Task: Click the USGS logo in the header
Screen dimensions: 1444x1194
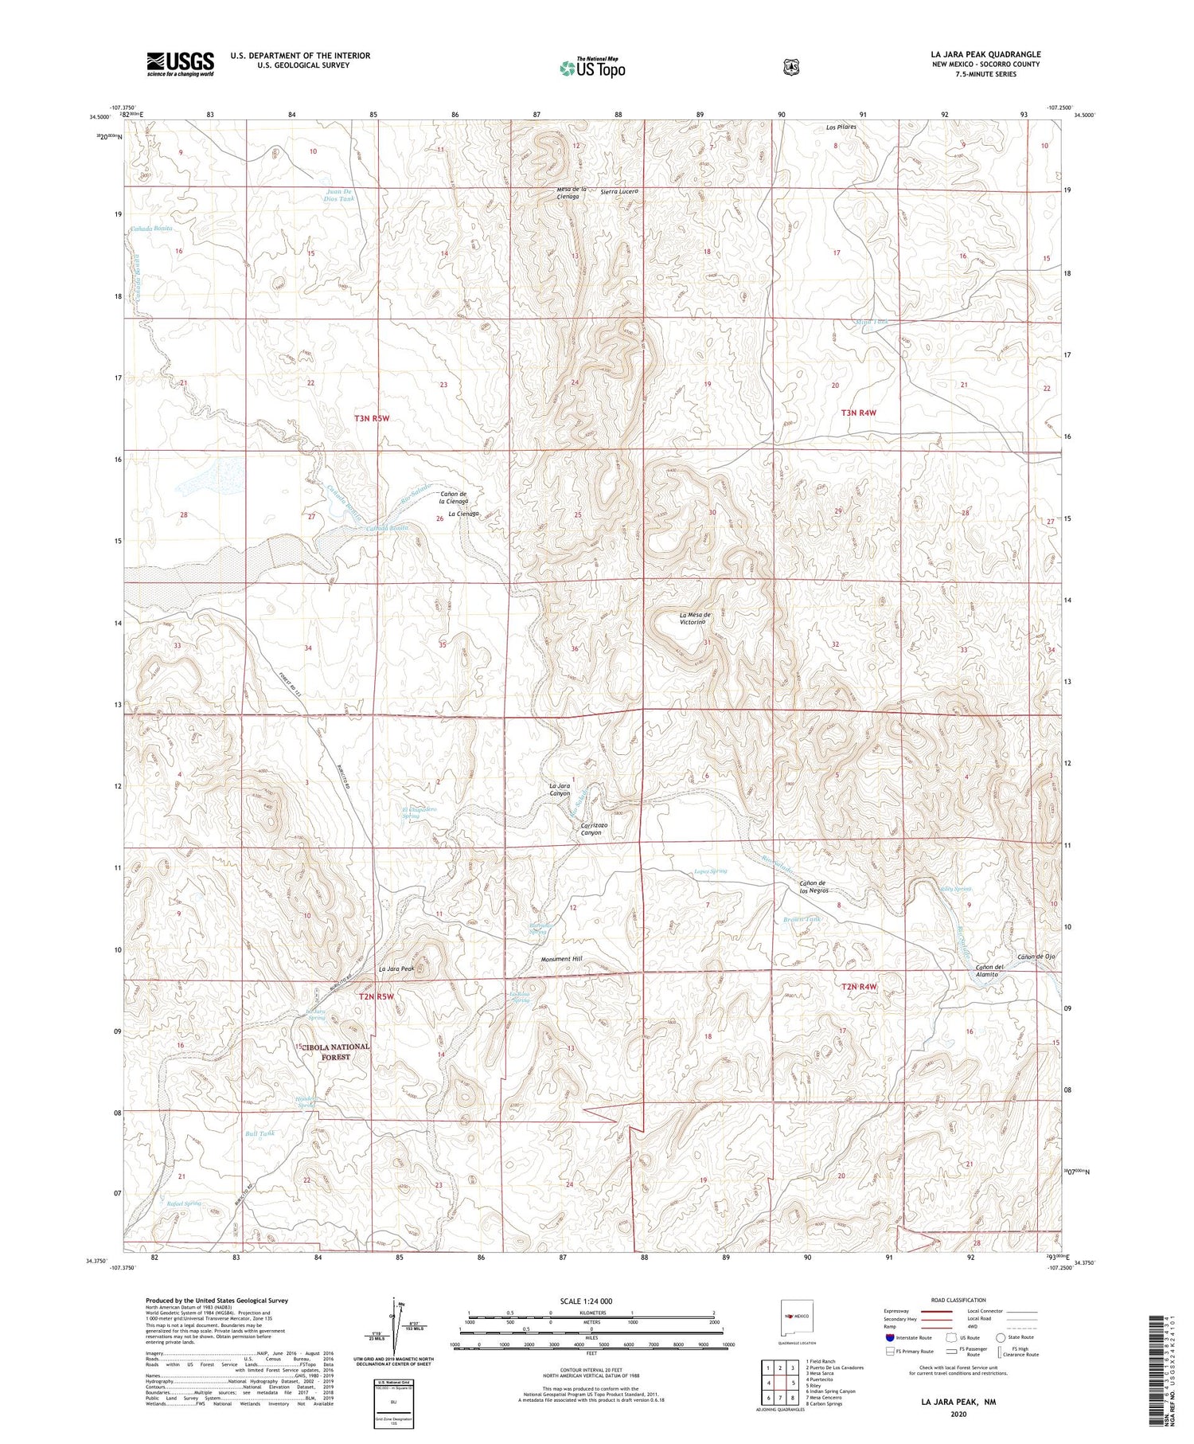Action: pyautogui.click(x=180, y=64)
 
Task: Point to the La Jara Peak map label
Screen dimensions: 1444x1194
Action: pyautogui.click(x=396, y=969)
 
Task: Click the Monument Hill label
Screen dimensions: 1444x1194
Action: pyautogui.click(x=561, y=960)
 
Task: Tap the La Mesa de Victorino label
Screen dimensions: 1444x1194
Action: pyautogui.click(x=695, y=619)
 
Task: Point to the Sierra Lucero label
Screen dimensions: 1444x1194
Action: pyautogui.click(x=619, y=192)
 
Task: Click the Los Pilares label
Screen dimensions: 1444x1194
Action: pyautogui.click(x=841, y=127)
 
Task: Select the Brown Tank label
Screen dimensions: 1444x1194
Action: pyautogui.click(x=801, y=919)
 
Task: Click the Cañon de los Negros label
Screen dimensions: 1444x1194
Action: pyautogui.click(x=819, y=886)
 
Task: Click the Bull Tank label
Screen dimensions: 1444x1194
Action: pyautogui.click(x=259, y=1133)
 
